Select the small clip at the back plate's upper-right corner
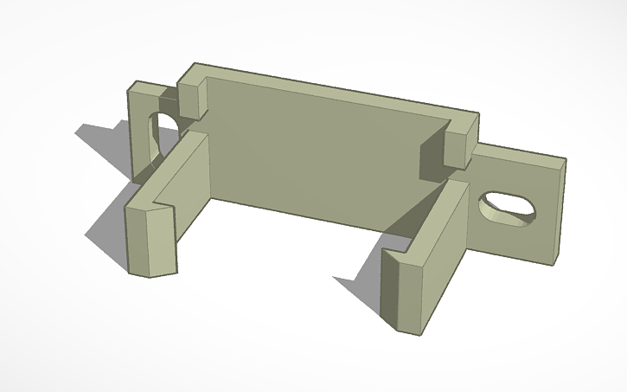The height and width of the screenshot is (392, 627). pyautogui.click(x=462, y=138)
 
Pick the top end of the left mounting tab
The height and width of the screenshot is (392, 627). pyautogui.click(x=142, y=87)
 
